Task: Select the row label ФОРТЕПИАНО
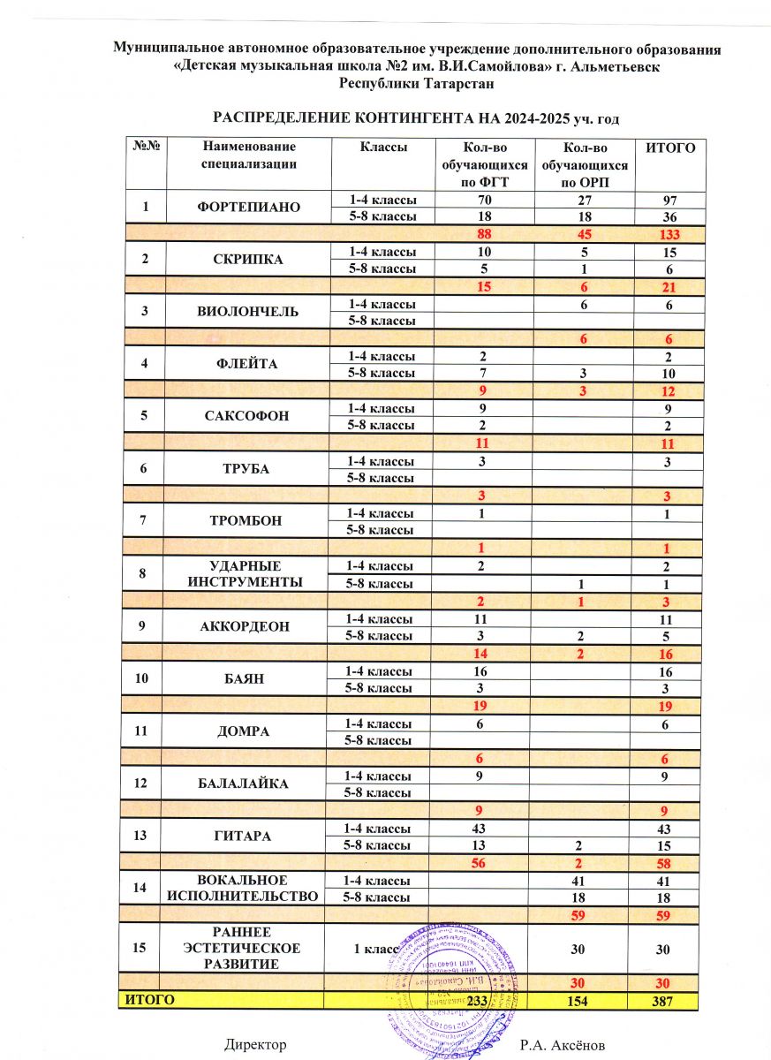pyautogui.click(x=248, y=208)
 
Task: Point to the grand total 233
pyautogui.click(x=478, y=1002)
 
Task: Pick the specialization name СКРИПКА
pyautogui.click(x=248, y=260)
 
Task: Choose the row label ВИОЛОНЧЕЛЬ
pyautogui.click(x=248, y=311)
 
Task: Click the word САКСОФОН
pyautogui.click(x=248, y=415)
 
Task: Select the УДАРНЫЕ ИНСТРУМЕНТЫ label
pyautogui.click(x=248, y=573)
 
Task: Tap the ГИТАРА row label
pyautogui.click(x=248, y=836)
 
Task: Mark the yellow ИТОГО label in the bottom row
pyautogui.click(x=147, y=1000)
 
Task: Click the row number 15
pyautogui.click(x=139, y=948)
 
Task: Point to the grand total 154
pyautogui.click(x=584, y=1002)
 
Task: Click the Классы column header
pyautogui.click(x=382, y=148)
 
